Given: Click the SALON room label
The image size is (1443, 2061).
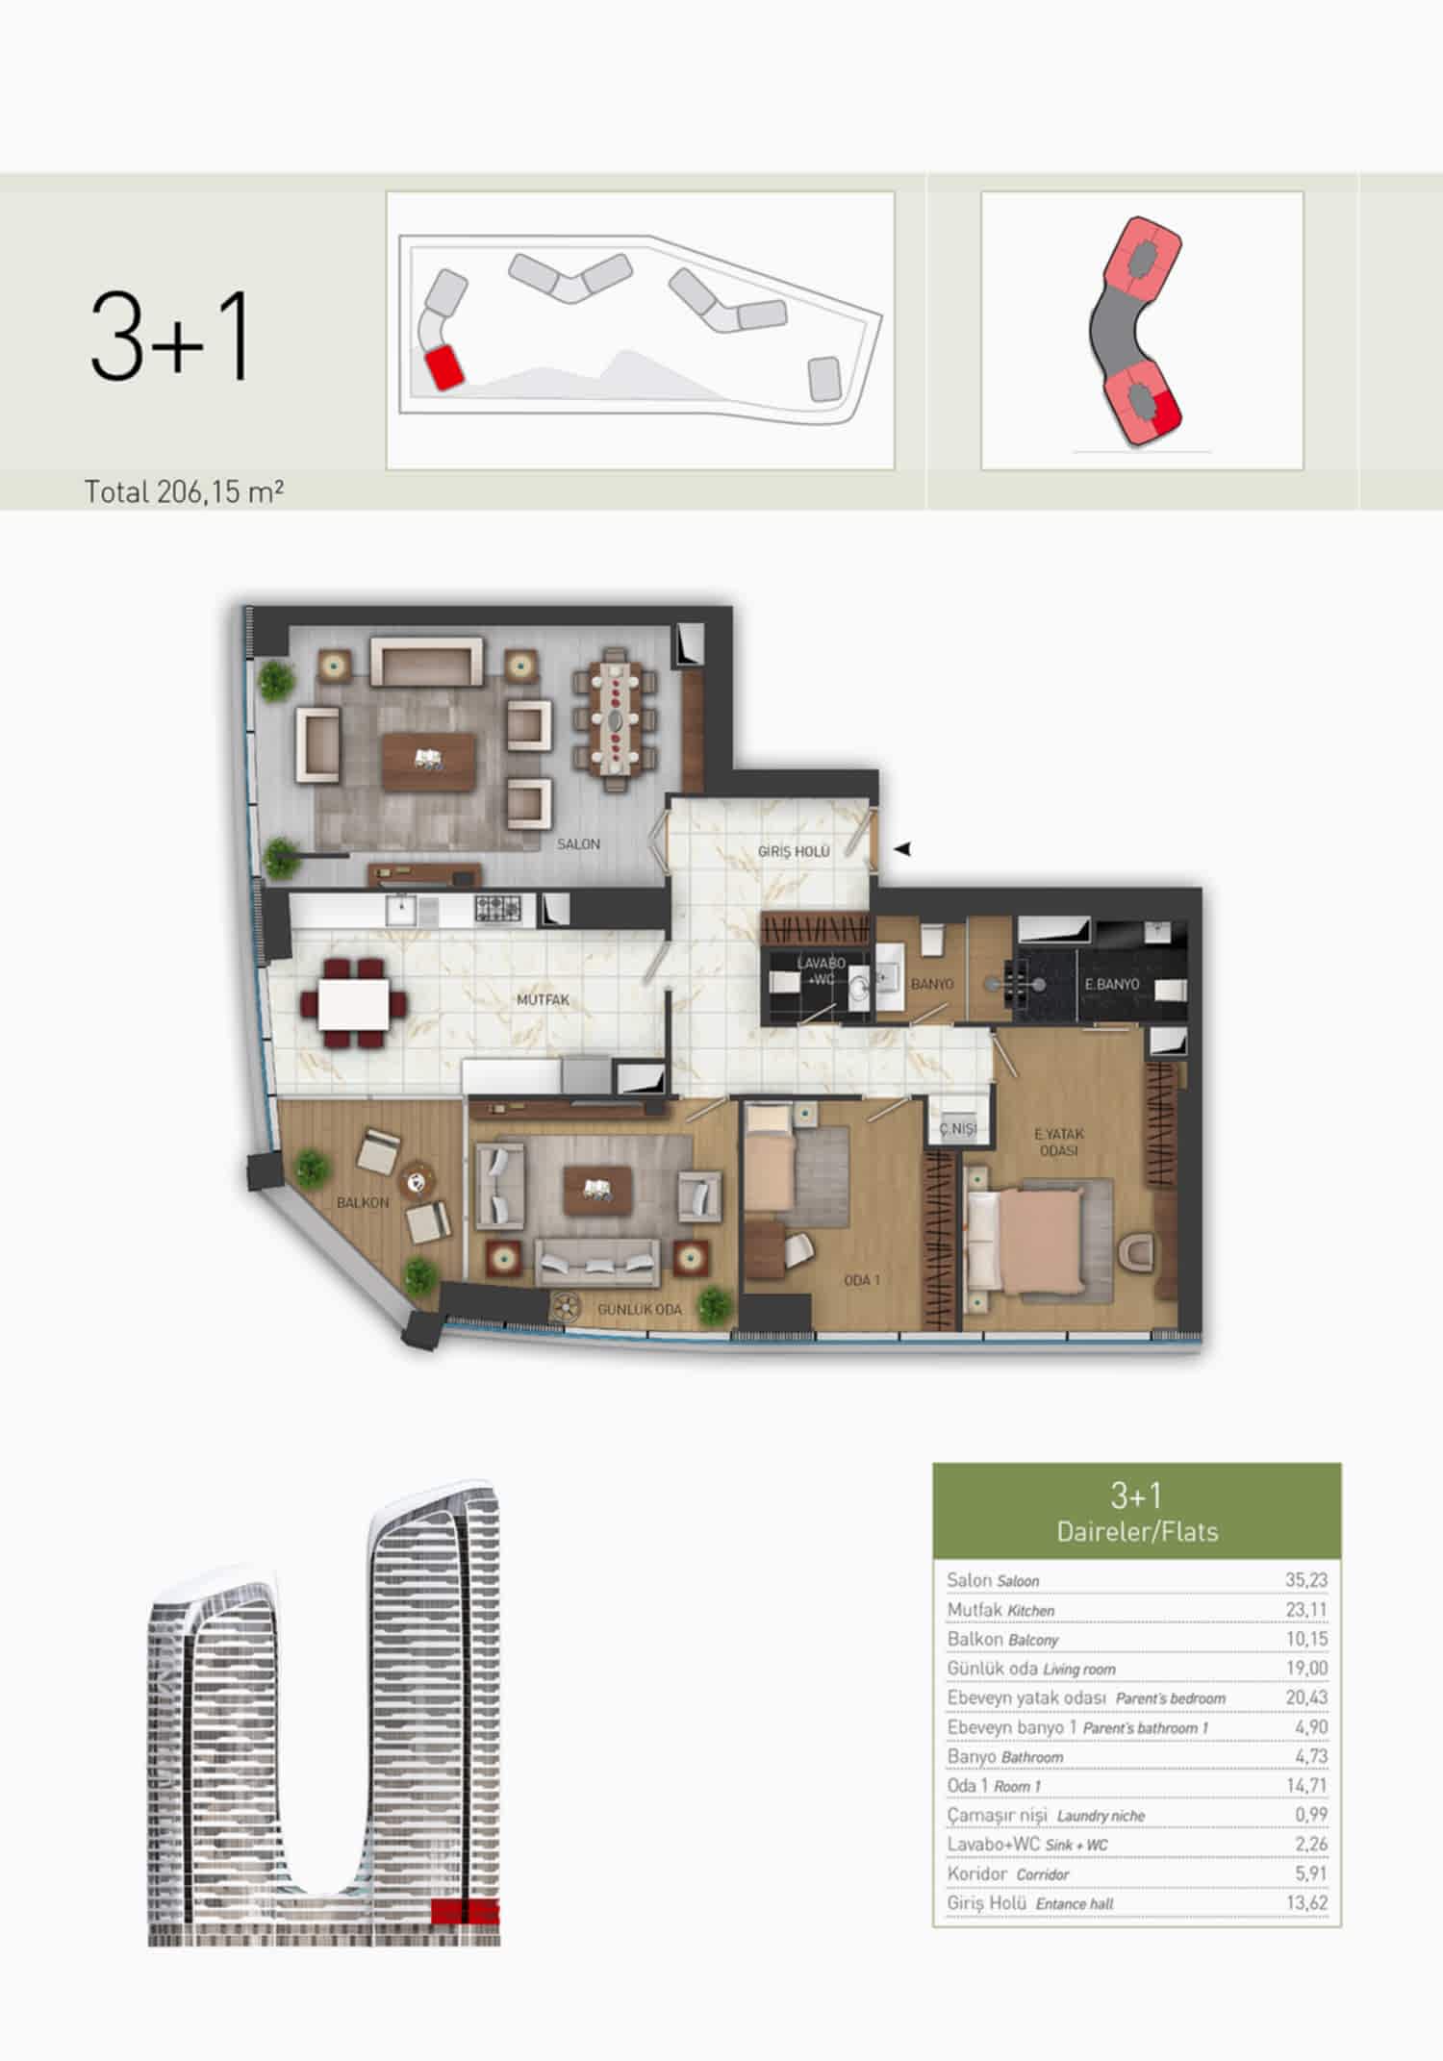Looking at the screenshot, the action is click(578, 843).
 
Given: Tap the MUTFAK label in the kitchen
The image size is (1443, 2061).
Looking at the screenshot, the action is click(543, 999).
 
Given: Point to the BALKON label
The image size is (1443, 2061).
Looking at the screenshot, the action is click(363, 1202).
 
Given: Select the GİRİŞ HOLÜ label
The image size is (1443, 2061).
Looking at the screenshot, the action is click(794, 851).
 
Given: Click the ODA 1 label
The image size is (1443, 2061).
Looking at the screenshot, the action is click(862, 1280).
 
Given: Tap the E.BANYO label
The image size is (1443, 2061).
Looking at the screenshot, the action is click(1112, 984).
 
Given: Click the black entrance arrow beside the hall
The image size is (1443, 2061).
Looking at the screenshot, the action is click(901, 849).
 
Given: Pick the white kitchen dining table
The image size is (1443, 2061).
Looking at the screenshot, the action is click(354, 1003).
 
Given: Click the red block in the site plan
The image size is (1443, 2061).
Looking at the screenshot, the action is click(443, 368).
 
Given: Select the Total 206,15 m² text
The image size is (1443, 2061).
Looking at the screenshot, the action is click(184, 491).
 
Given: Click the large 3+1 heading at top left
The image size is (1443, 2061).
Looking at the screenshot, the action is click(170, 338).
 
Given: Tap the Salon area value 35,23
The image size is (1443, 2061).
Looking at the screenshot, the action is click(1306, 1579).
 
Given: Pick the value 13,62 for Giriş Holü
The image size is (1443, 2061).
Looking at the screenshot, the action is click(1306, 1902).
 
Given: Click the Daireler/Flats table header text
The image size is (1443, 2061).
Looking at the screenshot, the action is click(1137, 1530).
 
